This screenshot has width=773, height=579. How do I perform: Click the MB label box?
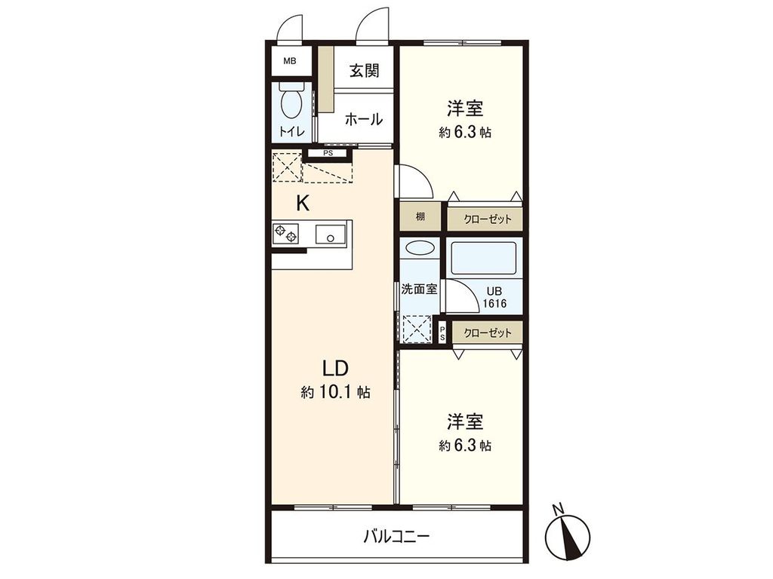[x=290, y=62]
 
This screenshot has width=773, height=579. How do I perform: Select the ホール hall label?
[x=364, y=119]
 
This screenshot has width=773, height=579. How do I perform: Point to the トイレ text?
[x=292, y=132]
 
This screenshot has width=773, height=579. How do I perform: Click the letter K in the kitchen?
[x=302, y=203]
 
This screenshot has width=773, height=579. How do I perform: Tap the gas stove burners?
[x=286, y=234]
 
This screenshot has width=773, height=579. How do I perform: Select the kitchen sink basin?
[x=329, y=234]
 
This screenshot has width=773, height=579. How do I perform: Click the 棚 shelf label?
[x=420, y=217]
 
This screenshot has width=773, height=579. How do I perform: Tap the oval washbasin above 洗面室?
[x=417, y=248]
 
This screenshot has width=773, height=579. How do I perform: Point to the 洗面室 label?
[x=419, y=288]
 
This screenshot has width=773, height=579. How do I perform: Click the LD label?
[x=334, y=369]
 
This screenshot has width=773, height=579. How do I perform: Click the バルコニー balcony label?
[x=396, y=537]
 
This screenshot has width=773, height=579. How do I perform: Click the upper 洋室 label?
[x=465, y=109]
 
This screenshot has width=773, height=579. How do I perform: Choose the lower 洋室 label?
[x=465, y=421]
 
